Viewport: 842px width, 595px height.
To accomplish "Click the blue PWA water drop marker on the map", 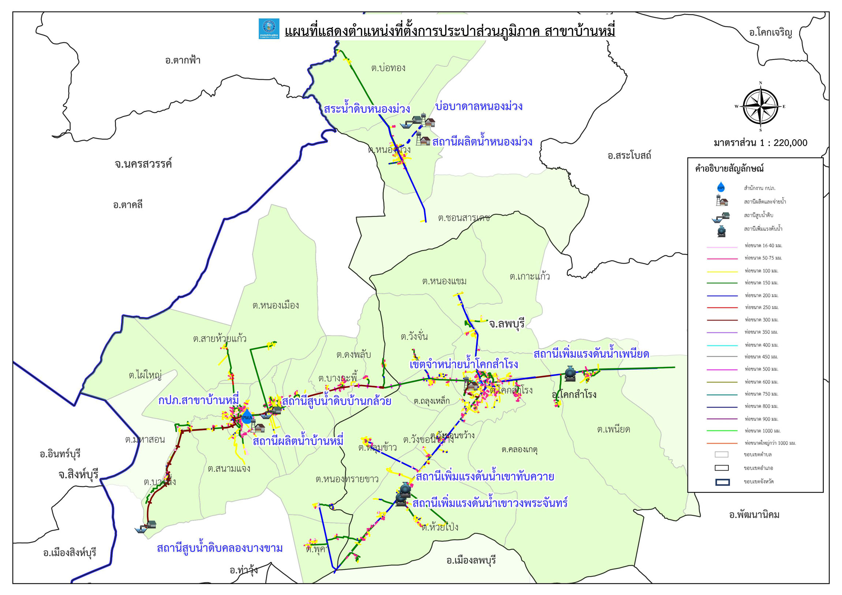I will pos(247,417).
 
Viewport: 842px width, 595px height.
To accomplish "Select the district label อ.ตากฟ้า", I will pos(183,60).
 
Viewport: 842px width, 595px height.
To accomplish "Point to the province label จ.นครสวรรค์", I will pos(143,164).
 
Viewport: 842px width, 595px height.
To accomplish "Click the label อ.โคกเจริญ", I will pos(770,33).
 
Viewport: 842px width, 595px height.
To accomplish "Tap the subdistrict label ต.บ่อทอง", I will pos(388,68).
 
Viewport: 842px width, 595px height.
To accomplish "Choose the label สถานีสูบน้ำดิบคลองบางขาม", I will pos(220,548).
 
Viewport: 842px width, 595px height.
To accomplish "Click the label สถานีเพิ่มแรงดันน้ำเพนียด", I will pos(591,354).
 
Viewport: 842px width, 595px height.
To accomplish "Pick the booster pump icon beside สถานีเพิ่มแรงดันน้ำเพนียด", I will pos(570,373).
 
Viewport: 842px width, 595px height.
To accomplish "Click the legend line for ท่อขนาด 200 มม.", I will pos(722,295).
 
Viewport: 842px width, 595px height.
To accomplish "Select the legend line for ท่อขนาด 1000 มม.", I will pos(722,431).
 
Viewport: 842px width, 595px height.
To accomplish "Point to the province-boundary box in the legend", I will pos(722,482).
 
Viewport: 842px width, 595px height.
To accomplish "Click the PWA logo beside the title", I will pos(269,29).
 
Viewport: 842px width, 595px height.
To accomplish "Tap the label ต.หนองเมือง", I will pos(275,306).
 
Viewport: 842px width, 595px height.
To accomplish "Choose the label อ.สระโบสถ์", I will pos(629,156).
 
